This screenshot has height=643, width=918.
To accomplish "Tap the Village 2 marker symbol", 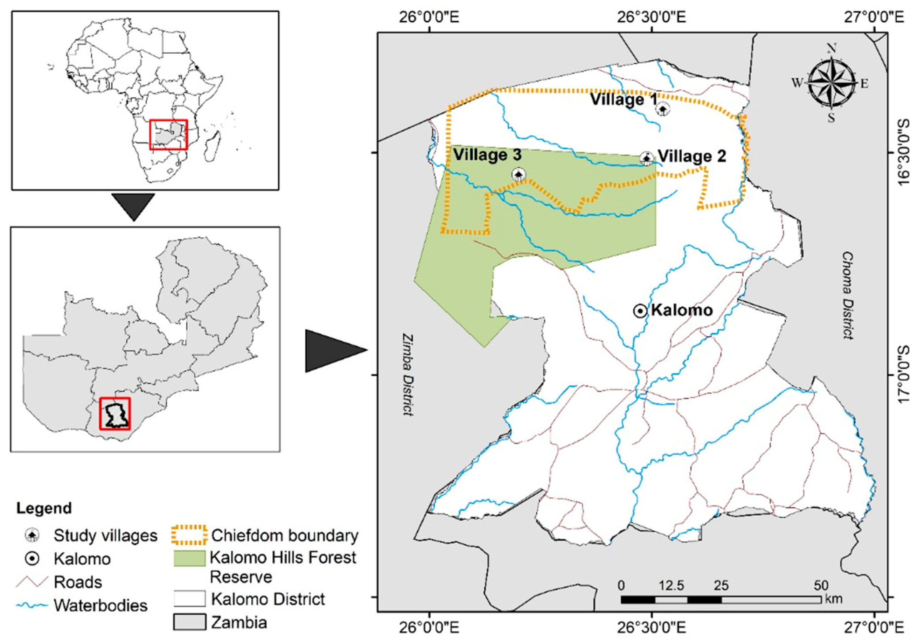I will [647, 158].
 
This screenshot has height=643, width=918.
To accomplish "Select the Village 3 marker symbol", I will [519, 174].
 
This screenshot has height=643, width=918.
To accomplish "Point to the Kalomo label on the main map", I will [682, 310].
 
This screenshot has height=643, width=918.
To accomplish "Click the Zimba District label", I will [408, 375].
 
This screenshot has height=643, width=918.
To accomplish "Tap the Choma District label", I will [847, 295].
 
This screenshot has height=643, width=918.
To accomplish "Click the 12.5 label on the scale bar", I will [672, 586].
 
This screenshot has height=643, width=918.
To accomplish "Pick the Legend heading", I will [44, 508].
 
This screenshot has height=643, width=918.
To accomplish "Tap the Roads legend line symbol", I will [32, 582].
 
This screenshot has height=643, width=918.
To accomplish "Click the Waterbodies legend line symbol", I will [32, 606].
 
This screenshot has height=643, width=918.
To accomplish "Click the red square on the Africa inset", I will [168, 135].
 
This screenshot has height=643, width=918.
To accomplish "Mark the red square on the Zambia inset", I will [115, 413].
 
